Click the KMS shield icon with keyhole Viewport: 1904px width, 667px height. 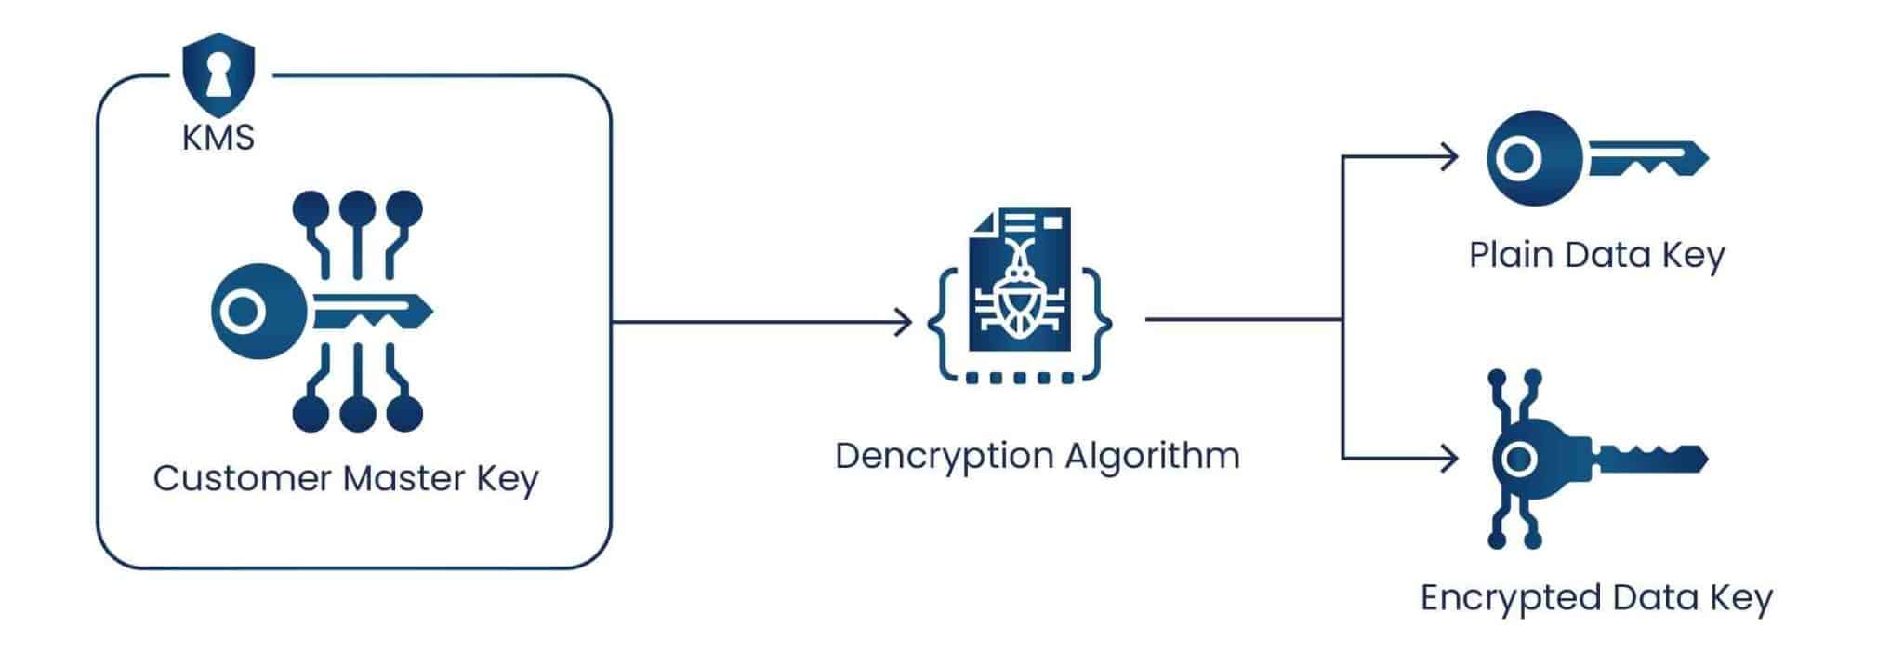(x=218, y=74)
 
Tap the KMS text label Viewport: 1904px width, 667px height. (x=218, y=138)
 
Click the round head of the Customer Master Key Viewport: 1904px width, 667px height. (x=255, y=312)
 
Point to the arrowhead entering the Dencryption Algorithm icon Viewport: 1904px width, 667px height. (x=904, y=322)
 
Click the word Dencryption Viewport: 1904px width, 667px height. (x=943, y=457)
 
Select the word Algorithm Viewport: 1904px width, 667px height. (x=1152, y=457)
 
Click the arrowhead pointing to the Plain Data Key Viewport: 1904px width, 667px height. (x=1449, y=156)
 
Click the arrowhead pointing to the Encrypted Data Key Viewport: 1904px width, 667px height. (x=1449, y=458)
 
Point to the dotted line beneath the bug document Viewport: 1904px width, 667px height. (x=1019, y=379)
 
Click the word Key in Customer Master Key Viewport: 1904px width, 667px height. (x=508, y=478)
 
